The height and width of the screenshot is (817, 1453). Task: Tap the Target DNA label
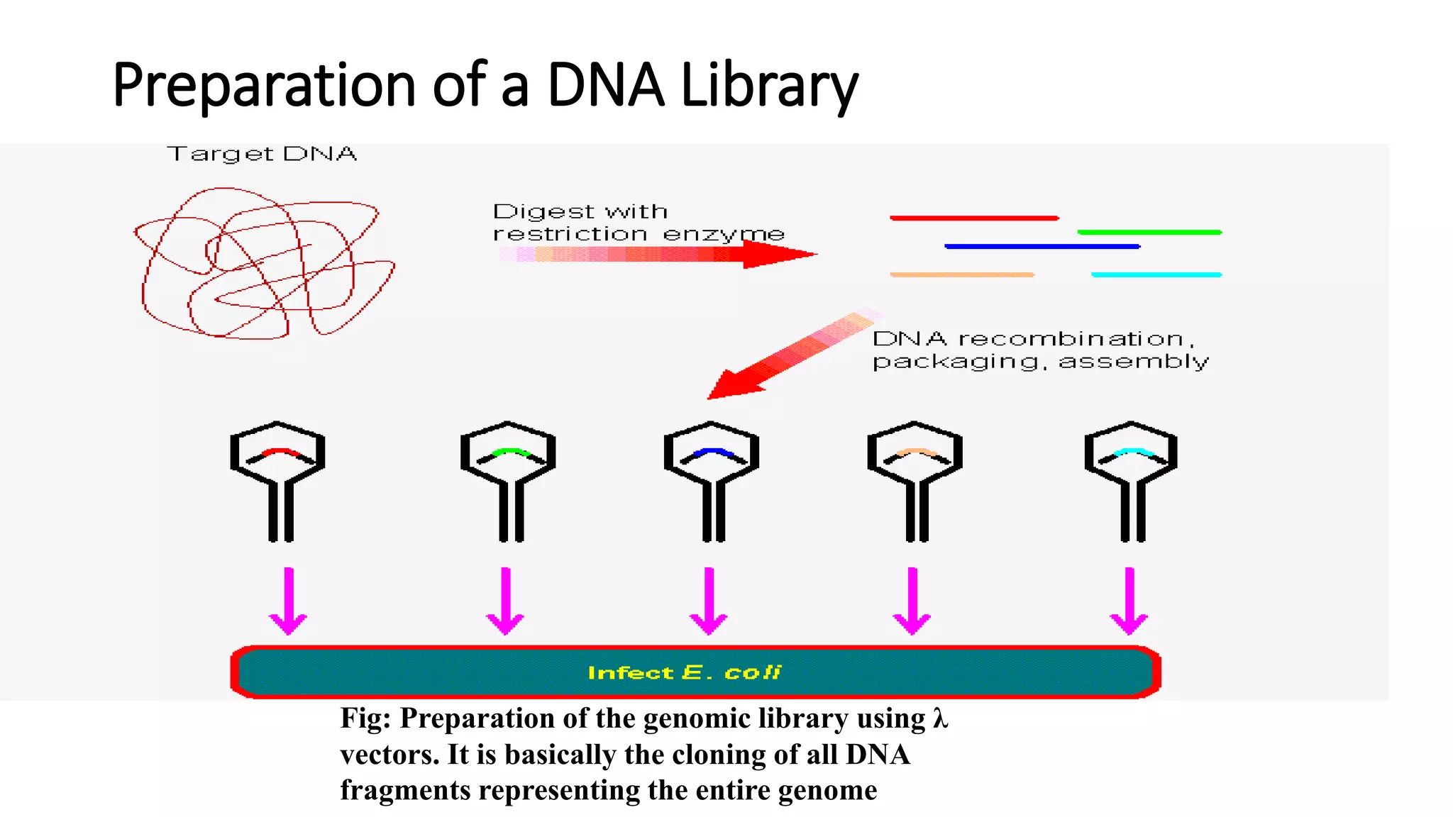click(262, 154)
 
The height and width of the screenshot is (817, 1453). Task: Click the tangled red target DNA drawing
click(264, 262)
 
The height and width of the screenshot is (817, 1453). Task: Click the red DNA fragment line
click(974, 218)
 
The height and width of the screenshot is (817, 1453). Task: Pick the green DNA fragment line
click(1149, 232)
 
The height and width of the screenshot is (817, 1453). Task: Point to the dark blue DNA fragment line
click(1042, 246)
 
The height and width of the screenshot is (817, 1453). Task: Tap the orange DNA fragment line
click(961, 274)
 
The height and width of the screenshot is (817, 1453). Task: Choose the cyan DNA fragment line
click(1156, 274)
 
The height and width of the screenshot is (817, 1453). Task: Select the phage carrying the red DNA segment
click(277, 479)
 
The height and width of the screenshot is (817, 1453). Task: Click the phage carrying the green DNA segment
click(508, 479)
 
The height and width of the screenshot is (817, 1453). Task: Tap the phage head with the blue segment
click(712, 454)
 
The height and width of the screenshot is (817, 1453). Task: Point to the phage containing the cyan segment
click(1131, 479)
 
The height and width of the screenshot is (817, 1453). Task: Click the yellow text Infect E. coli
click(685, 672)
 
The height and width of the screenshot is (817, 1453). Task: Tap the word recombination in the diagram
click(1071, 339)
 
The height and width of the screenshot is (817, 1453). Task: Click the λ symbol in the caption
click(940, 718)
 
